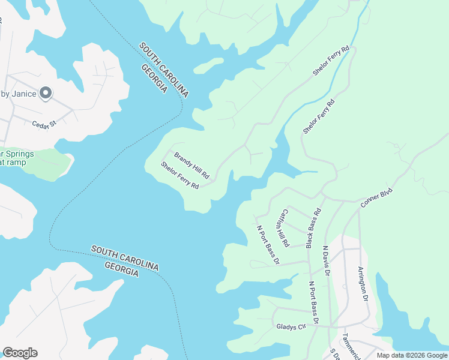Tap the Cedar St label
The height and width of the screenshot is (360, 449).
(x=44, y=124)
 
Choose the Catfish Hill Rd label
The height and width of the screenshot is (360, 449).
(x=282, y=228)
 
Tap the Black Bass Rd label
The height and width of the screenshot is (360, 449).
(x=314, y=229)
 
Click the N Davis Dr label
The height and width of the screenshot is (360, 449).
(x=327, y=260)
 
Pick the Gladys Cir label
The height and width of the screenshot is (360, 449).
(x=291, y=326)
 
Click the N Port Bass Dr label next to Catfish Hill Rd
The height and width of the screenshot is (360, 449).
(x=268, y=244)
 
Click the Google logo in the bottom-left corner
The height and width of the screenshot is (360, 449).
(x=20, y=353)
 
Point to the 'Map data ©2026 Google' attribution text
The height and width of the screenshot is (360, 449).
(x=412, y=355)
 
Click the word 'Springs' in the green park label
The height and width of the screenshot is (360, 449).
(x=20, y=154)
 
